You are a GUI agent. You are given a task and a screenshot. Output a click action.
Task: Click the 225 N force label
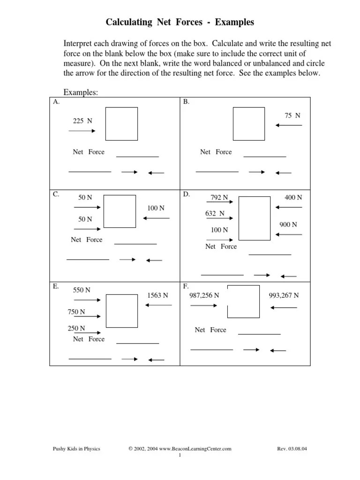click(x=82, y=121)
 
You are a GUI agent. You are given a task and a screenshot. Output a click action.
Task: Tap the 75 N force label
click(x=292, y=115)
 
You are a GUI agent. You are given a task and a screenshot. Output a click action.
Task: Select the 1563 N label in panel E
click(x=157, y=295)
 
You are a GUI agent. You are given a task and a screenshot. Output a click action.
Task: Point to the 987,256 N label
click(x=204, y=295)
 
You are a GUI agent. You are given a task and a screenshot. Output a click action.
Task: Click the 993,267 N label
click(x=284, y=295)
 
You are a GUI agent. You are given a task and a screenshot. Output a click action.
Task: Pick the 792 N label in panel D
click(x=219, y=197)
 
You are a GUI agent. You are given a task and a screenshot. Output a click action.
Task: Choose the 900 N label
click(x=288, y=225)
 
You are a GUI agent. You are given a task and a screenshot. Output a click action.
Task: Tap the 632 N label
click(x=215, y=213)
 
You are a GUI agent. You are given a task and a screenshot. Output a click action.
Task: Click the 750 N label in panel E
click(x=76, y=312)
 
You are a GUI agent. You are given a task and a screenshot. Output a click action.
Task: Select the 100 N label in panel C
click(x=156, y=208)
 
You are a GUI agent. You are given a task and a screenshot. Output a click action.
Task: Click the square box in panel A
click(x=121, y=124)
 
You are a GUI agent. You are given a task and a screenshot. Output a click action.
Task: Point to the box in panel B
click(x=249, y=124)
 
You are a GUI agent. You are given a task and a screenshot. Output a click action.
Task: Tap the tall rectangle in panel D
click(x=255, y=218)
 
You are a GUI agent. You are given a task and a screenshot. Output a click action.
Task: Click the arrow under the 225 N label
click(x=82, y=131)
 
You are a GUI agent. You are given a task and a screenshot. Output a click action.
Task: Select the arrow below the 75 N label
click(x=289, y=125)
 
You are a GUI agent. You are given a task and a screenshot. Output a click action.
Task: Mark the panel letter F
click(x=186, y=285)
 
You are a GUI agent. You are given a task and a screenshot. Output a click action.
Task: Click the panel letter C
click(x=56, y=194)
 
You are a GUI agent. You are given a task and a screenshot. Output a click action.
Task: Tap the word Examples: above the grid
click(x=81, y=92)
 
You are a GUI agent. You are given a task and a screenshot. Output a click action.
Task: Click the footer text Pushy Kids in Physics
click(x=76, y=449)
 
